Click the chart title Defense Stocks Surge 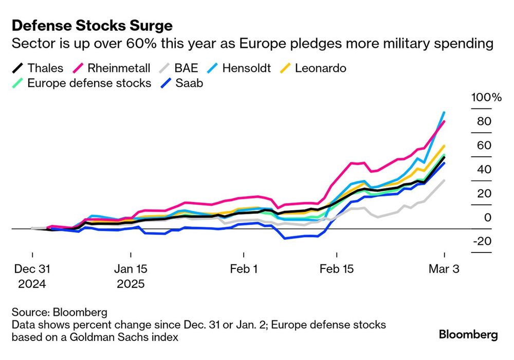92,25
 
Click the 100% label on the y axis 483,98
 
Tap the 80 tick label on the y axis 484,122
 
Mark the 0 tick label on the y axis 488,218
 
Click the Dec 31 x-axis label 32,269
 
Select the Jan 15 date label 131,269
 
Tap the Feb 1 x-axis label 243,269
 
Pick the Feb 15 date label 337,269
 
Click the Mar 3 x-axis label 444,269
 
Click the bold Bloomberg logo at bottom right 468,335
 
